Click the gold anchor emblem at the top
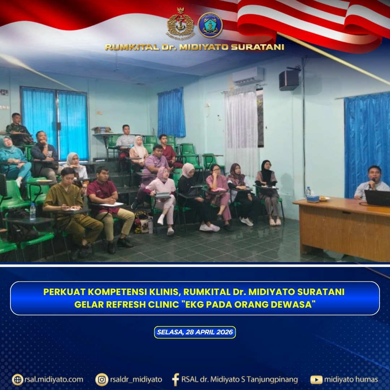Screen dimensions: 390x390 point(180,23)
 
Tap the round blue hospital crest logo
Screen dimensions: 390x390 point(210,25)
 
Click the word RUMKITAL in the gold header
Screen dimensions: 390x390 point(132,47)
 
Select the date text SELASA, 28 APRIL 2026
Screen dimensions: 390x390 point(195,332)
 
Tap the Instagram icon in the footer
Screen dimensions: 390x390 point(102,380)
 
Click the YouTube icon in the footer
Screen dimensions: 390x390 point(316,380)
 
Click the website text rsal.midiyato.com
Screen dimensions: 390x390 point(54,380)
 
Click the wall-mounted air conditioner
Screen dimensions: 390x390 point(248,76)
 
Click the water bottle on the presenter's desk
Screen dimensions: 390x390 point(308,192)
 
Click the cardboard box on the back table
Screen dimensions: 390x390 point(101,130)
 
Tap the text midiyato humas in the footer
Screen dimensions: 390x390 point(351,380)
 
